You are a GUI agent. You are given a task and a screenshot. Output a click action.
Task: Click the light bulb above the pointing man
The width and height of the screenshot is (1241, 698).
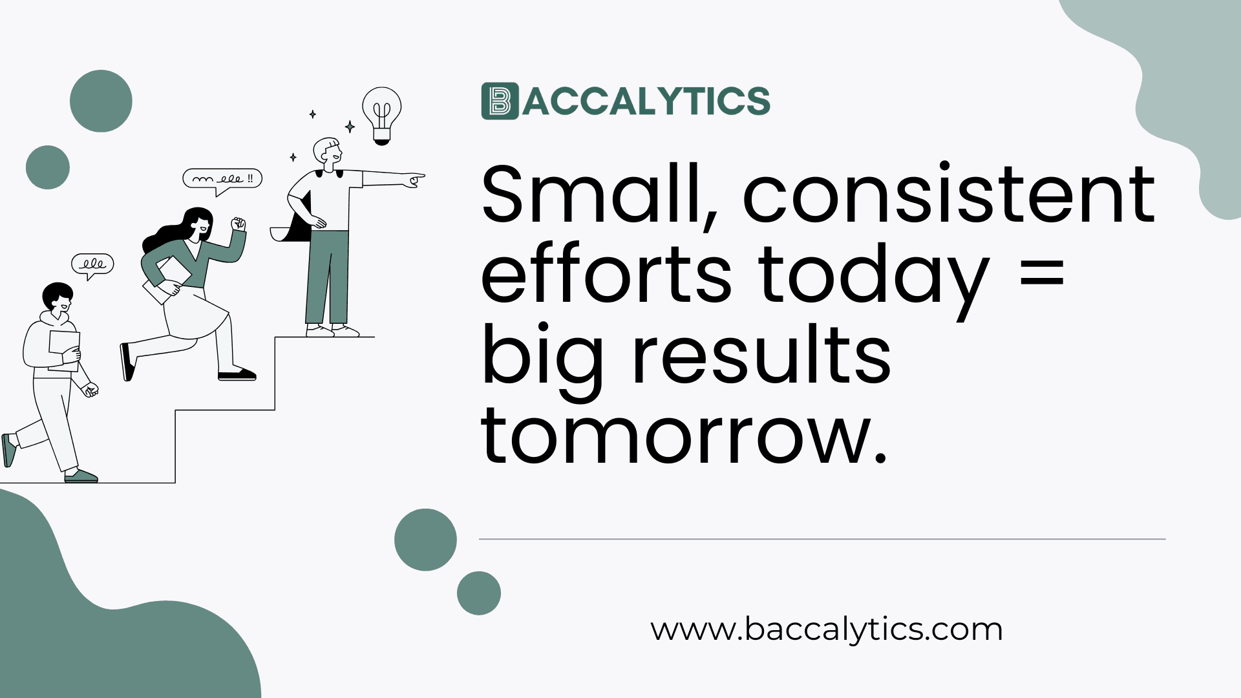(x=381, y=113)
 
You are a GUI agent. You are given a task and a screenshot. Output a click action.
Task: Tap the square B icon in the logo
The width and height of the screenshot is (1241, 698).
(x=500, y=101)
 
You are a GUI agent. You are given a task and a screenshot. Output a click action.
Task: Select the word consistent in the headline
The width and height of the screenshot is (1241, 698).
(x=948, y=194)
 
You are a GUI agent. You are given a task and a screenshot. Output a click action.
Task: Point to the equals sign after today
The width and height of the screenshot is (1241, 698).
(x=1041, y=272)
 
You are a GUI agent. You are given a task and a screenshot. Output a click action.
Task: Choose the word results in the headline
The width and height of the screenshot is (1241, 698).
(x=761, y=355)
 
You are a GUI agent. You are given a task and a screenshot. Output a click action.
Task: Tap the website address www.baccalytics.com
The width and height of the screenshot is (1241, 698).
(x=826, y=629)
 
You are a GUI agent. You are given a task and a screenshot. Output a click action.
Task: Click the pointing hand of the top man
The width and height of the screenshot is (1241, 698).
(x=414, y=180)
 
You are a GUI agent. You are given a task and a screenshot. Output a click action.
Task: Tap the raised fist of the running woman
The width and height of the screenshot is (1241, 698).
(x=239, y=224)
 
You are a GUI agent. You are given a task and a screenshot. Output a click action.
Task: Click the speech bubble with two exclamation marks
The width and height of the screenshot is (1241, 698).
(x=222, y=178)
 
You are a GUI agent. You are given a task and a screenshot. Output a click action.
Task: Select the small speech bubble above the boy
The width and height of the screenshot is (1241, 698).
(x=92, y=264)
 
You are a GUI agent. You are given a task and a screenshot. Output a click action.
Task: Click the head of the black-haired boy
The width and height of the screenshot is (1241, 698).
(x=58, y=297)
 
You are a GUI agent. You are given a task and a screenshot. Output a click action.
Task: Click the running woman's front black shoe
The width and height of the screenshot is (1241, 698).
(x=237, y=374)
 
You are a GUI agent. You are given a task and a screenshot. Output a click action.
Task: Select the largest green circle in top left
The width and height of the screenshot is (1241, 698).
(x=101, y=101)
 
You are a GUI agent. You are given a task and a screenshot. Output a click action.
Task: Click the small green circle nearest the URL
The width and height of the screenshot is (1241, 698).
(x=479, y=593)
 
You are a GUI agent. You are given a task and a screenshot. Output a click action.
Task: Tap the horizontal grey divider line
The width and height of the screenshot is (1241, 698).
(x=822, y=538)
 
